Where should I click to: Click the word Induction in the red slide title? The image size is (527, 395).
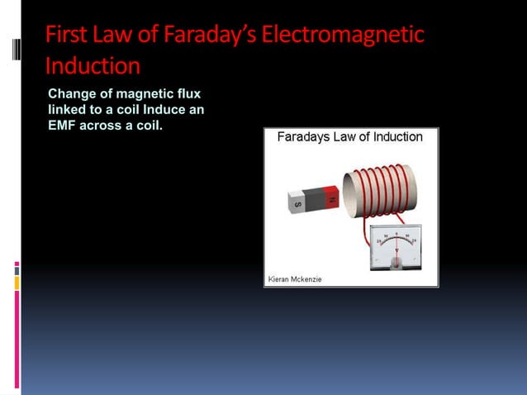point(93,64)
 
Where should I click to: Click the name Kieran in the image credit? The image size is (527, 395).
point(278,279)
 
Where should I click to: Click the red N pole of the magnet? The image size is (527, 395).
point(331,197)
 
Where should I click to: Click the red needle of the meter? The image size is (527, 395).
point(396,246)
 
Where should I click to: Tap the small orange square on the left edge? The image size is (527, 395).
point(17,283)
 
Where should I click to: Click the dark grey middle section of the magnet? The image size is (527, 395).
point(315,198)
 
